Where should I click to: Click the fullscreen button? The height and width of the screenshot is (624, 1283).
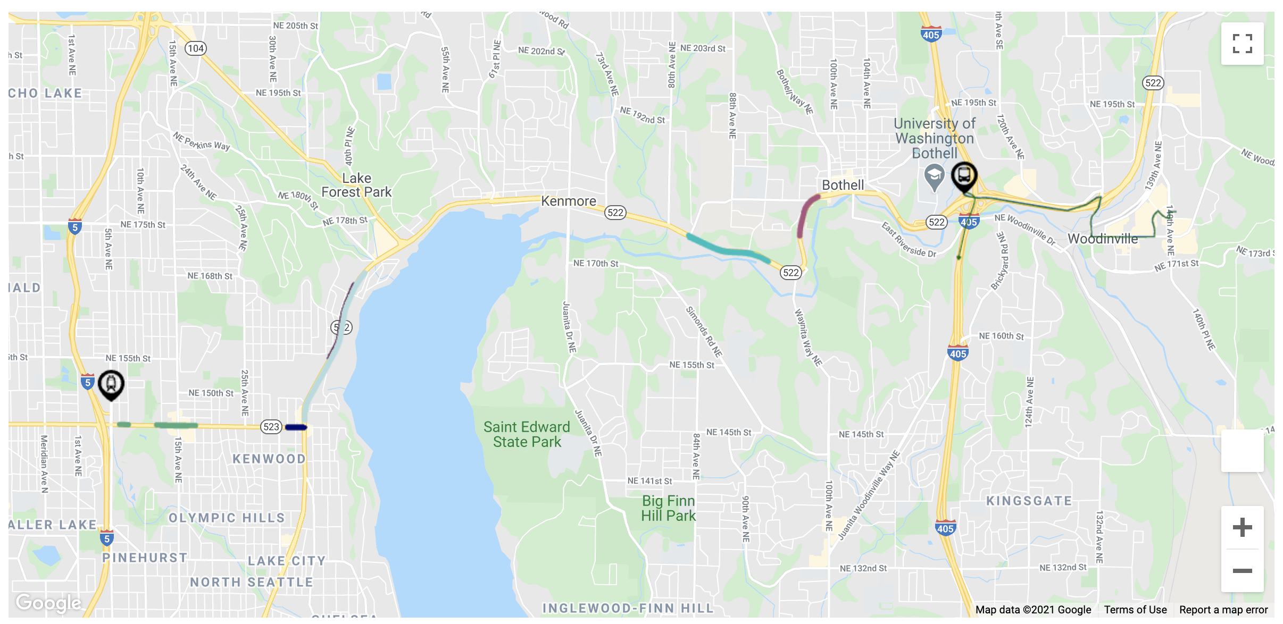1242,44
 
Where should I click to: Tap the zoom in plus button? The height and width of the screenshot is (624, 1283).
1242,527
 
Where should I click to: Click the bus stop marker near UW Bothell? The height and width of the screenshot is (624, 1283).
964,176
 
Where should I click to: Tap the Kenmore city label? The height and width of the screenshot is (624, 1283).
568,201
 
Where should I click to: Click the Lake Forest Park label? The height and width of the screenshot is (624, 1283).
356,185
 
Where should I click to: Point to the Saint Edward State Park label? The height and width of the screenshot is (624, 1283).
527,434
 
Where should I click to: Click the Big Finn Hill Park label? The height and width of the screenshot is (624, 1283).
668,508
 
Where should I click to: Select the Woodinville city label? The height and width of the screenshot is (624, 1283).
1103,239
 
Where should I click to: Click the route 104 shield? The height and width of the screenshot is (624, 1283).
195,48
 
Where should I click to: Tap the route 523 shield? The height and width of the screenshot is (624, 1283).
271,427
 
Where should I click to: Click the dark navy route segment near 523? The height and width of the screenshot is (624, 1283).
296,427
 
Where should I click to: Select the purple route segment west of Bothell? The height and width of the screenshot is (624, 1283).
805,215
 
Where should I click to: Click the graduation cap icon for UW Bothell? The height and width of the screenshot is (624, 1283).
934,176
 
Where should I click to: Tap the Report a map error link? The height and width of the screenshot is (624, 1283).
1223,610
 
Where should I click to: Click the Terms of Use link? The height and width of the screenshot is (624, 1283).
1135,610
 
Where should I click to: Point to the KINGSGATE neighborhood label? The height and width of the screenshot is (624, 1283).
1029,501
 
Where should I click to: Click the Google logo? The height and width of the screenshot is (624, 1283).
48,602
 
